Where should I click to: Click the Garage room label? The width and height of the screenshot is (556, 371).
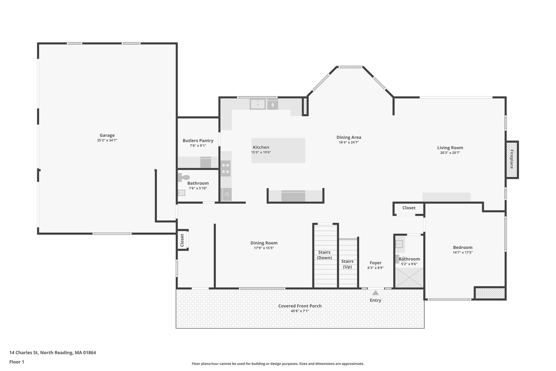coord(107,135)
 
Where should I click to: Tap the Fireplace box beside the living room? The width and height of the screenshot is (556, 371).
coord(512,160)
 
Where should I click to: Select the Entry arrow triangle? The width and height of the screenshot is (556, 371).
coord(375,293)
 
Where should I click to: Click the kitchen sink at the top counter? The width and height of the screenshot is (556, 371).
coord(257,104)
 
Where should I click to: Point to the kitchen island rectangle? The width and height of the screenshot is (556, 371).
coord(278,151)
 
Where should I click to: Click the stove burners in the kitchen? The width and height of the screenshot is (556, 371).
coord(225,168)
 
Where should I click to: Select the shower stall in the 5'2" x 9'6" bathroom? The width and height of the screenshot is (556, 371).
coord(409,278)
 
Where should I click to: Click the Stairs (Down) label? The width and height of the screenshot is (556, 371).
coord(324,255)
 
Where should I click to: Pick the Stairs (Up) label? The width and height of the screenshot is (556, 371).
coord(347,264)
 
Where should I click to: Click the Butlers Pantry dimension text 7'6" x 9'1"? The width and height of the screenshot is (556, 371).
coord(198,146)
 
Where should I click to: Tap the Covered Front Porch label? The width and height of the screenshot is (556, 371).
coord(300,306)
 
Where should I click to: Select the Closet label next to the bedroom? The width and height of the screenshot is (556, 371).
coord(409,208)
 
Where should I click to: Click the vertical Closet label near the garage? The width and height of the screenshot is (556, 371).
coord(182,240)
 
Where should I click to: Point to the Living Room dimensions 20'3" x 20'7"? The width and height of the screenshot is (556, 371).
coord(450,153)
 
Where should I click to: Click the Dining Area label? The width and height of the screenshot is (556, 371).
coord(349,137)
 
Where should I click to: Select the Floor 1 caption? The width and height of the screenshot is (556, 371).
coord(17,362)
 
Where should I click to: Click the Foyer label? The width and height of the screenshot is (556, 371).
coord(375,263)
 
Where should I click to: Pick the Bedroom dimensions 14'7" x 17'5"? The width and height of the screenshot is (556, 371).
coord(463,252)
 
